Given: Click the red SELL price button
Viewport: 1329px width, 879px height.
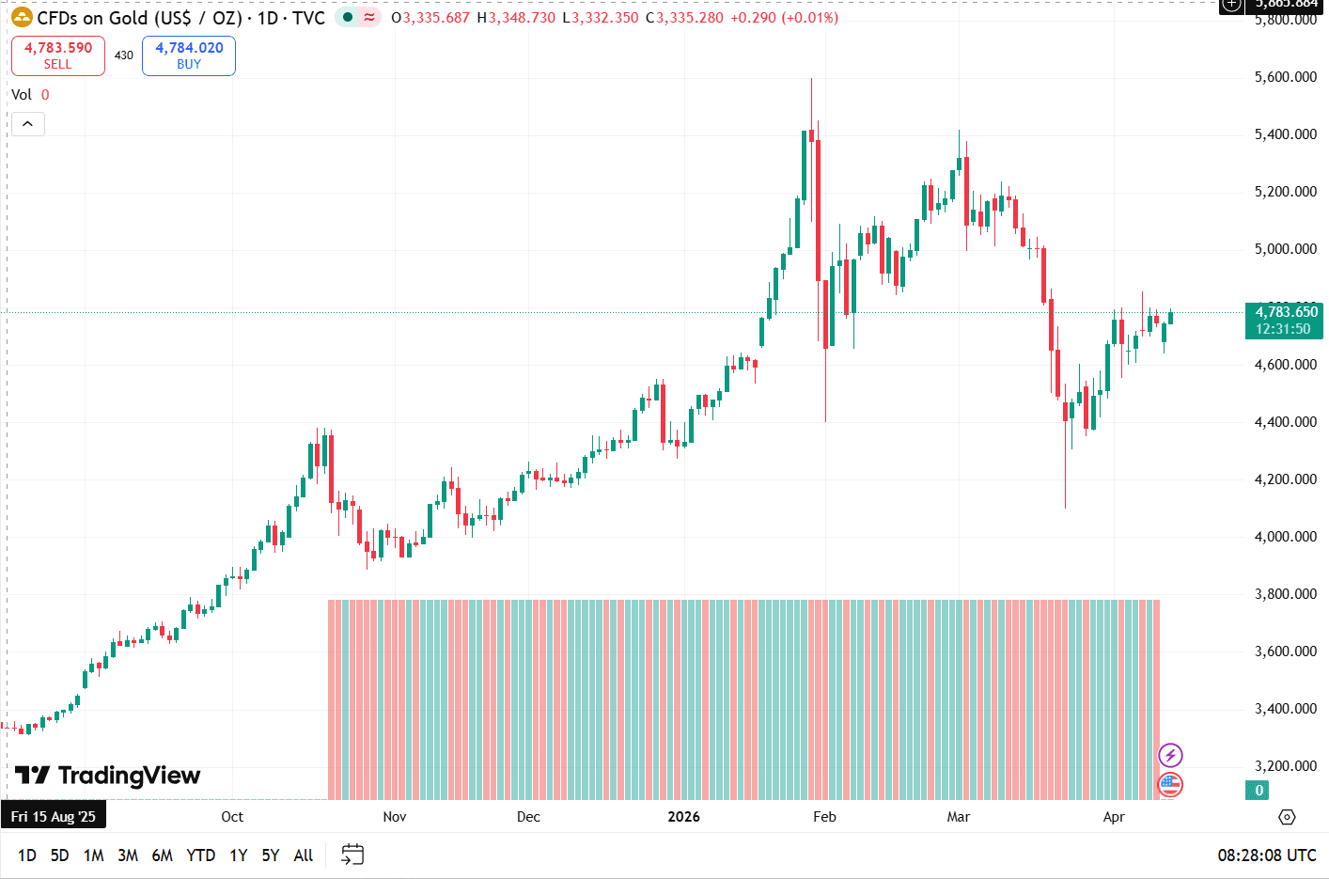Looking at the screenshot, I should coord(58,55).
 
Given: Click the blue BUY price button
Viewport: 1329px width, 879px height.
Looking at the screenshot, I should coord(189,55).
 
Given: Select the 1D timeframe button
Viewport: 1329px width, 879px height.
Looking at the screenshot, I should coord(27,855).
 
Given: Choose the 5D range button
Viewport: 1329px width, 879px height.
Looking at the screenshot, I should coord(60,855).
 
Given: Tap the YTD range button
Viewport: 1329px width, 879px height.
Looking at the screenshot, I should coord(200,855).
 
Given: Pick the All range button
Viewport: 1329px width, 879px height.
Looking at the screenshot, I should coord(303,855).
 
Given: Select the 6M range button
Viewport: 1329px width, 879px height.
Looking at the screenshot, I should coord(162,855).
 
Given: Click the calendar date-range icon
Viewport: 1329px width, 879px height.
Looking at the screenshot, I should coord(352,855).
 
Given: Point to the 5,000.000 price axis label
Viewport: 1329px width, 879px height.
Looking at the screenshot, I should coord(1285,249).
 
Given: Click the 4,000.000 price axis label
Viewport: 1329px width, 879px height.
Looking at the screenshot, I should coord(1285,537).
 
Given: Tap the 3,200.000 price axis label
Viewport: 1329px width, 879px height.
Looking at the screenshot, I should coord(1285,766).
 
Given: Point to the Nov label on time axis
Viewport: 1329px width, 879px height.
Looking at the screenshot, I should coord(395,817).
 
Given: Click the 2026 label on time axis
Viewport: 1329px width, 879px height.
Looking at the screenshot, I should coord(683,817).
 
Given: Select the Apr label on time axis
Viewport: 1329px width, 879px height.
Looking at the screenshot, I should coord(1114,817).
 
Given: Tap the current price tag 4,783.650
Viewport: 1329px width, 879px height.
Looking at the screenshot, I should coord(1285,320).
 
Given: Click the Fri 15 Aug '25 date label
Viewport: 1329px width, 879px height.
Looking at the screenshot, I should coord(54,817).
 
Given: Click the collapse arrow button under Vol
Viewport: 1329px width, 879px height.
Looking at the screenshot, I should coord(27,124).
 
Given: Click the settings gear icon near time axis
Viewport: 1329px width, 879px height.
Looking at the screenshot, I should coord(1287,817).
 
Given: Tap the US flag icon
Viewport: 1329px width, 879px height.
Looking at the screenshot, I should coord(1170,784).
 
